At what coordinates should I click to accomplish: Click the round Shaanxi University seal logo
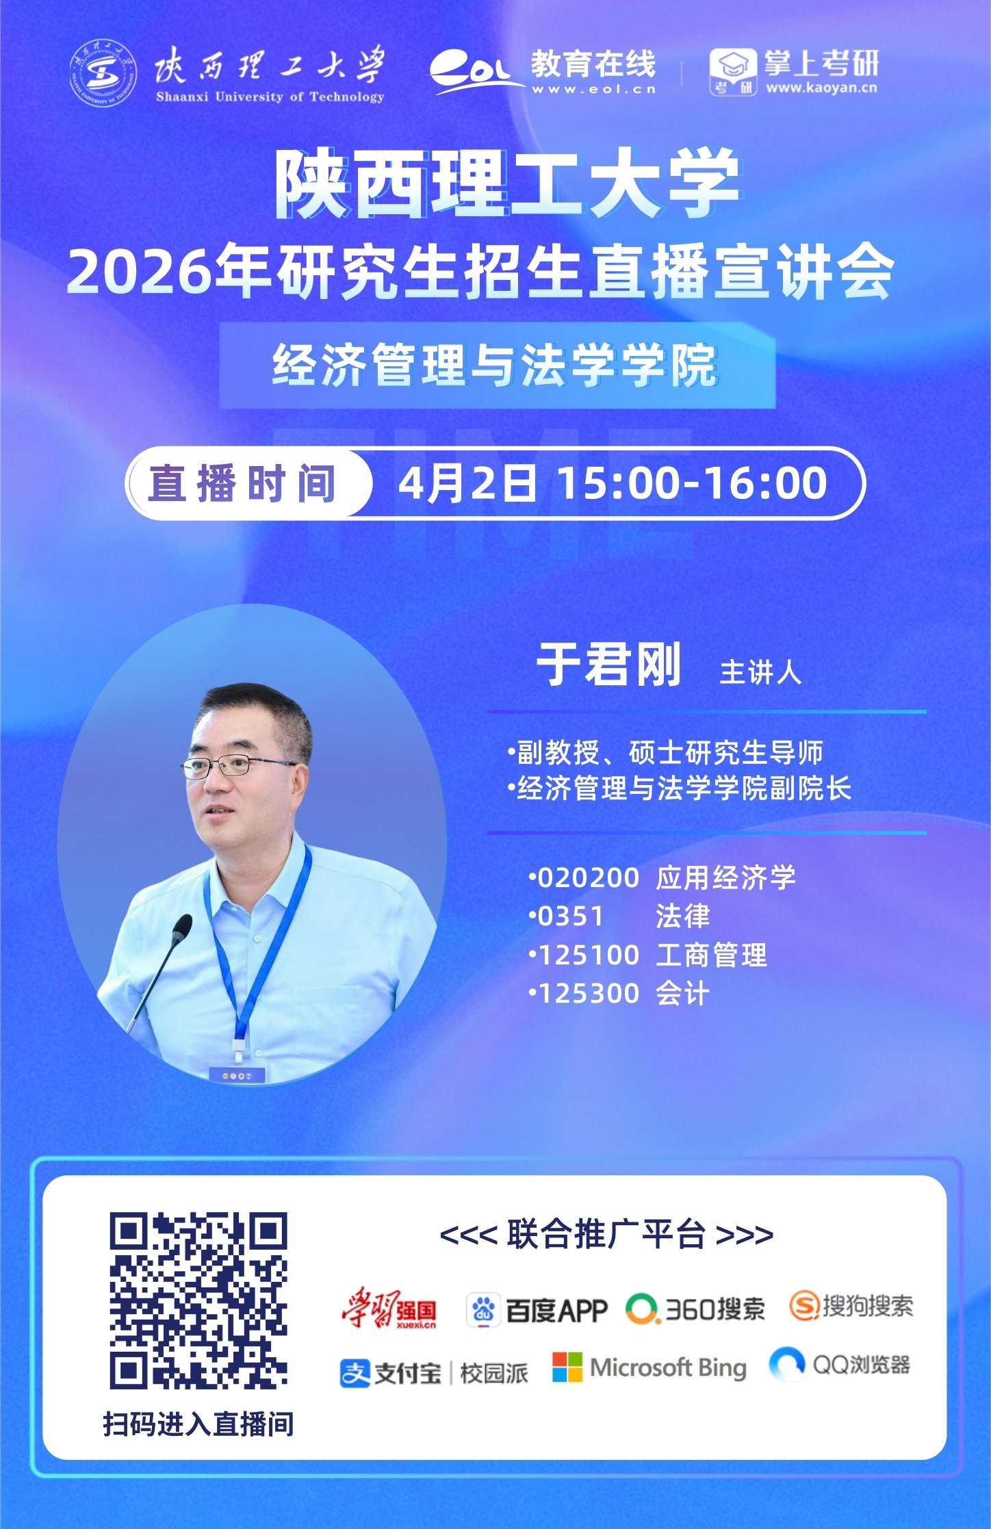pos(103,73)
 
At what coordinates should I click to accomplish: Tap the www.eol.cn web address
pos(594,89)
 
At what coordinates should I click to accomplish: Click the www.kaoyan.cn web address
pos(821,88)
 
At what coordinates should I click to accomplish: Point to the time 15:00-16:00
pos(692,483)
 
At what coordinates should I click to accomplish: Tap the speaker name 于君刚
pos(608,664)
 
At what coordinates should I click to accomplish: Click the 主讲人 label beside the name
pos(760,672)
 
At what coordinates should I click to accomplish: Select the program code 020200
pos(589,878)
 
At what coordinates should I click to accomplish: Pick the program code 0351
pos(571,916)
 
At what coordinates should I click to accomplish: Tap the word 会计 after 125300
pos(682,994)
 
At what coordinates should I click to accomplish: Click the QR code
pos(198,1300)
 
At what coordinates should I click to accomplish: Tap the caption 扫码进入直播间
pos(198,1424)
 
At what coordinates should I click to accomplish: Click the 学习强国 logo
pos(389,1308)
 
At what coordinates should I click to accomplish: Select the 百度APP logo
pos(537,1310)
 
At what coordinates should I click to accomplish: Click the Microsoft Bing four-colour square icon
pos(567,1367)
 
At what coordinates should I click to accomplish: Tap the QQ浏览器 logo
pos(840,1365)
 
